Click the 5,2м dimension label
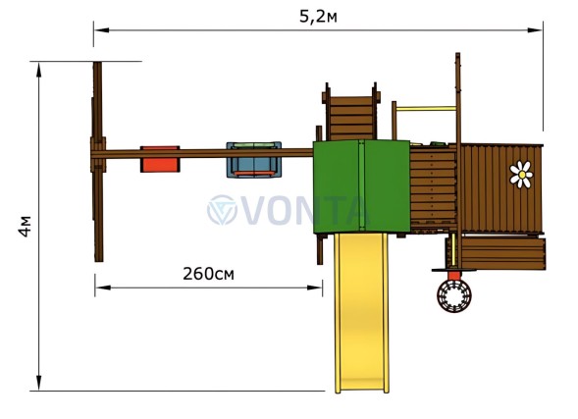click(x=318, y=17)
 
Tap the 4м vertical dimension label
click(x=26, y=227)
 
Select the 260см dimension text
click(x=208, y=274)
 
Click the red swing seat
click(x=160, y=159)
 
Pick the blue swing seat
click(x=254, y=160)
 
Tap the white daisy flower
click(x=521, y=175)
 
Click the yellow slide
click(x=362, y=312)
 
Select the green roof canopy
click(x=361, y=186)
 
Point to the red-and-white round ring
click(x=454, y=295)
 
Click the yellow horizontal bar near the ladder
click(x=427, y=109)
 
